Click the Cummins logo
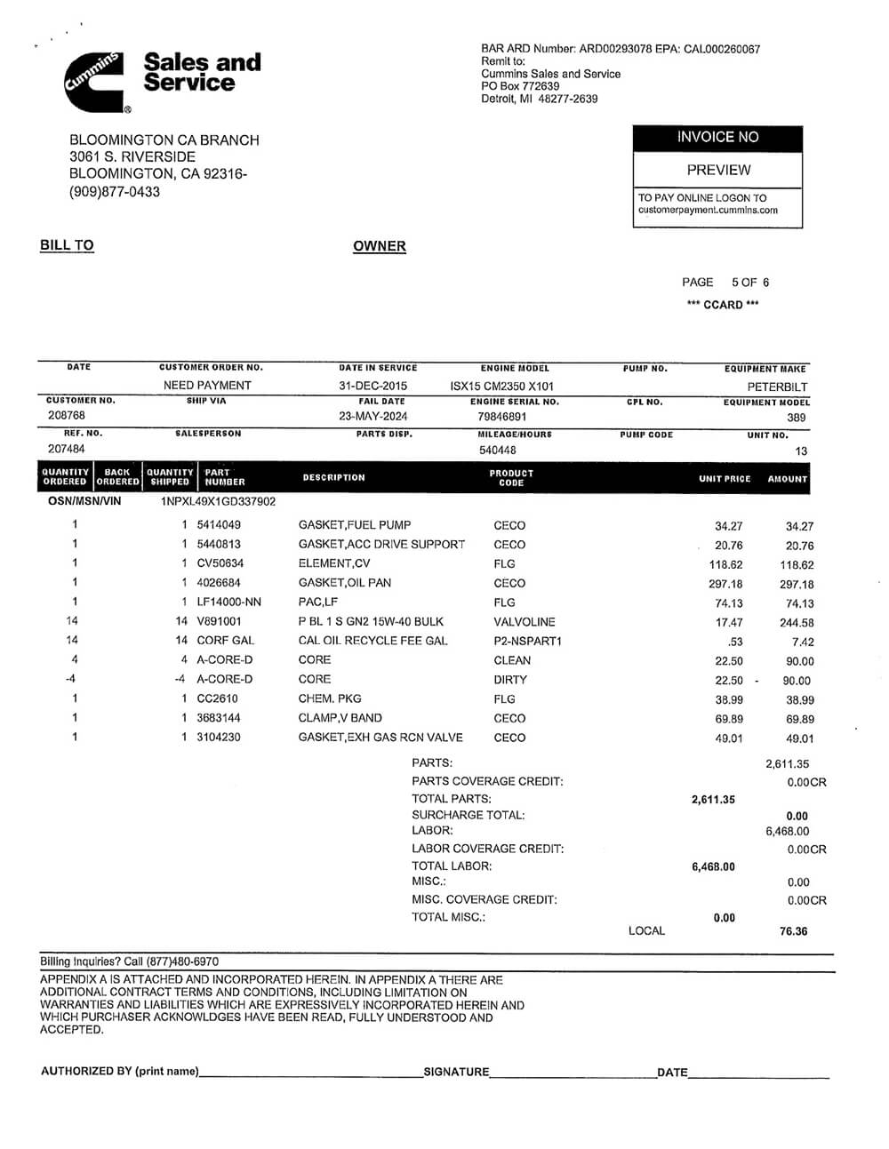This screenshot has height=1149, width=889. (95, 81)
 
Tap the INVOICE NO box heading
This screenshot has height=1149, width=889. (717, 138)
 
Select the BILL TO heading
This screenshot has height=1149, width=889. (67, 245)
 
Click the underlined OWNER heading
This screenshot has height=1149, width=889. (379, 246)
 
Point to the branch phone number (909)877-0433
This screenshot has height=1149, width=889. (115, 191)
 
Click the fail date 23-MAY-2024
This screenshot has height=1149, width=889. (373, 416)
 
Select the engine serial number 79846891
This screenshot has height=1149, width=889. (501, 416)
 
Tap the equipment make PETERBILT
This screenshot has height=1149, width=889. (777, 387)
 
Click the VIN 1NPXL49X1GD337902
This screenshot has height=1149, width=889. (218, 501)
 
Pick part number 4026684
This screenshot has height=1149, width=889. (219, 583)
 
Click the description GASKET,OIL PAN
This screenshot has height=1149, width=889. (345, 583)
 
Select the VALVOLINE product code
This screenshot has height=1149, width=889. (525, 622)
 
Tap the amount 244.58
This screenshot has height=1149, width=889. (796, 623)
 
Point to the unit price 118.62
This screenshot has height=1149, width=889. (725, 565)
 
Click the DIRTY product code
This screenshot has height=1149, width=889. (510, 680)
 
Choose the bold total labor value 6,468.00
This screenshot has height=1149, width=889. (713, 866)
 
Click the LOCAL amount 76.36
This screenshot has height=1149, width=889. (793, 931)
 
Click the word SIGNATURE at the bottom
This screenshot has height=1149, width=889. (456, 1072)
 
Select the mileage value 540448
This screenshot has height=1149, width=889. (497, 450)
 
